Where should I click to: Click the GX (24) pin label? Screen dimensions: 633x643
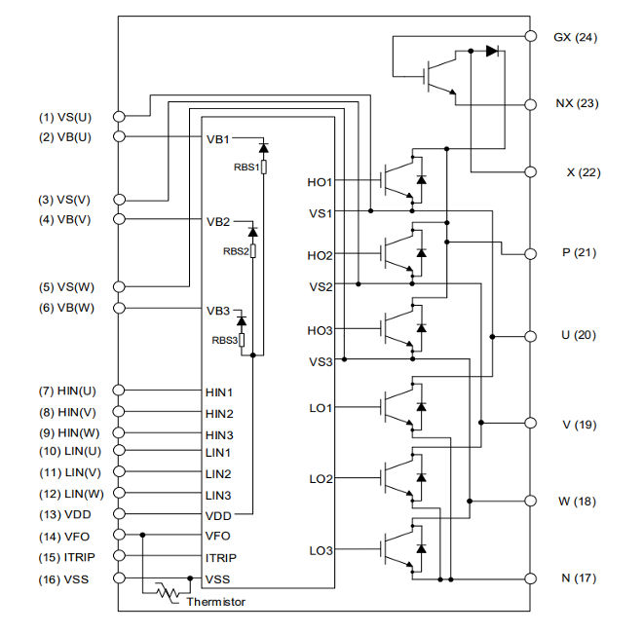coord(576,37)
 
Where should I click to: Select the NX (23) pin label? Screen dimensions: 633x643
coord(576,103)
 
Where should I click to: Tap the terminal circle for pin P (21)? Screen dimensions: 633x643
coord(531,253)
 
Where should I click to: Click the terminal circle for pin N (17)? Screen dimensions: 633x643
coord(531,578)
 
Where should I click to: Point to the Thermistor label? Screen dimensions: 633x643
coord(215,602)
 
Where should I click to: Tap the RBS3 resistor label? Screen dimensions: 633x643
coord(225,340)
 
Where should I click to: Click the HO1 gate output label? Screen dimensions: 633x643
coord(320,182)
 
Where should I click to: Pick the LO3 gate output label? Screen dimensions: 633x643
coord(321,551)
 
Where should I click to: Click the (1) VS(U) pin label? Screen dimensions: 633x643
coord(65,117)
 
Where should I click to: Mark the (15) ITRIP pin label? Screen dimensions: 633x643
coord(67,556)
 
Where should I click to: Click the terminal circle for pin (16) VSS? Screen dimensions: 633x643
coord(119,577)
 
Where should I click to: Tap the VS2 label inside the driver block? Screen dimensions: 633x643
coord(321,287)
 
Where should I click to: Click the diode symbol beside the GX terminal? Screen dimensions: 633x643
coord(492,50)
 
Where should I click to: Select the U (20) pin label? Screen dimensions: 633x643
coord(575,335)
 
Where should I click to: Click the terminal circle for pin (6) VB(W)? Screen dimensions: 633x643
coord(119,309)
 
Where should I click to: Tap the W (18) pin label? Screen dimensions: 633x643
coord(576,502)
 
